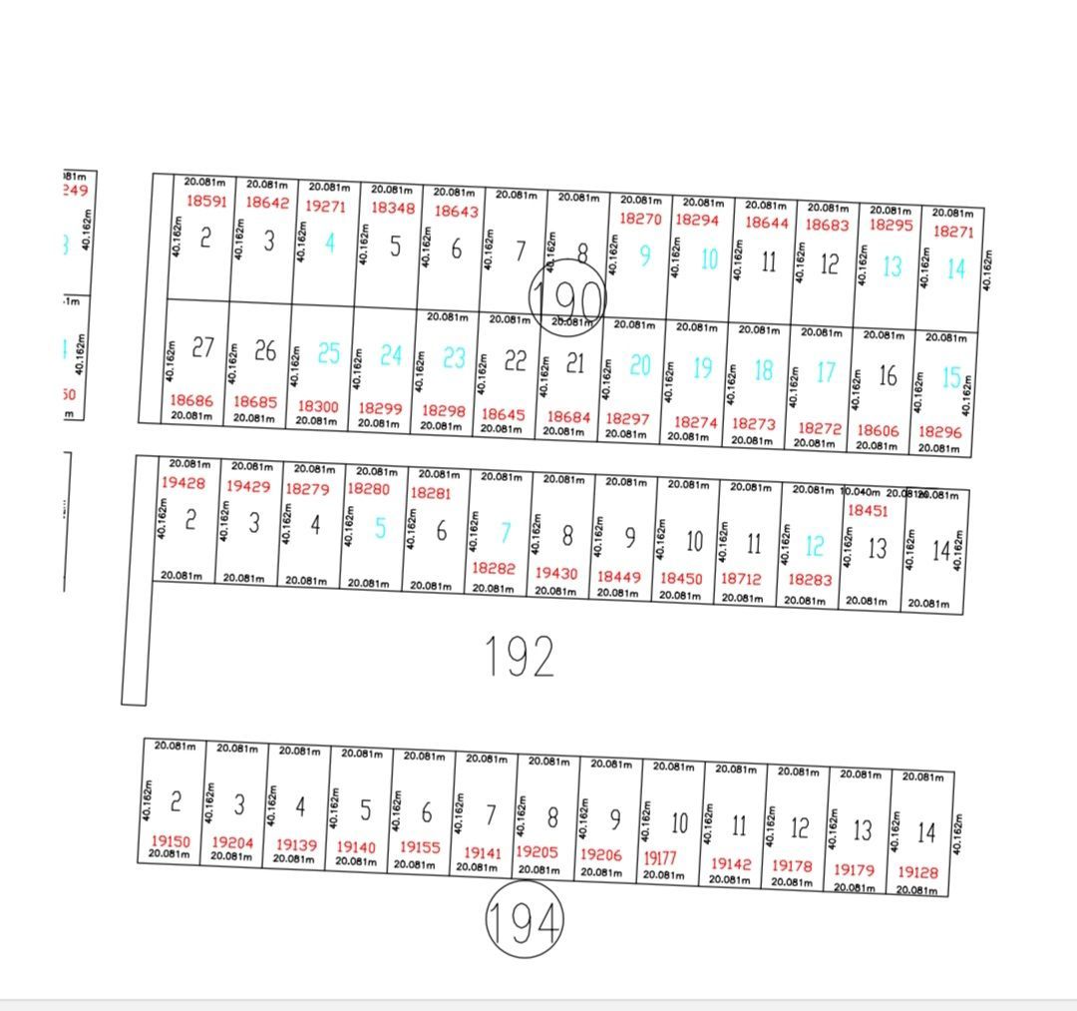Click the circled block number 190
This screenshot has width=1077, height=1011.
[567, 296]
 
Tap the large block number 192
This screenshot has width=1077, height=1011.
[519, 657]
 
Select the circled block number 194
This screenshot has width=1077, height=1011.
[525, 919]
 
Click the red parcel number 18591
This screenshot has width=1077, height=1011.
[207, 201]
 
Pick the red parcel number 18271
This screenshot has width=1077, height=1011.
[953, 232]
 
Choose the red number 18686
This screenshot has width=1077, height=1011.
[191, 400]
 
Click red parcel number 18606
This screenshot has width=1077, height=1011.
[878, 430]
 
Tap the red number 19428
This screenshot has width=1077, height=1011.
[182, 483]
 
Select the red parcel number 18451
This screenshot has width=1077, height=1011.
[867, 510]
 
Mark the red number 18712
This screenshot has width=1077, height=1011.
[741, 579]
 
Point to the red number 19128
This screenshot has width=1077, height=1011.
[917, 872]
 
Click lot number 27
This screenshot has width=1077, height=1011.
[203, 347]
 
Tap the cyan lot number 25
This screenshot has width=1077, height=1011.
[329, 353]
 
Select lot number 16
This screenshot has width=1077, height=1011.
[888, 376]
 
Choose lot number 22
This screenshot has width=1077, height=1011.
[515, 361]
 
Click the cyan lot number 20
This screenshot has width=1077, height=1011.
[640, 366]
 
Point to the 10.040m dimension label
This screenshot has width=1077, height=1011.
[859, 491]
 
